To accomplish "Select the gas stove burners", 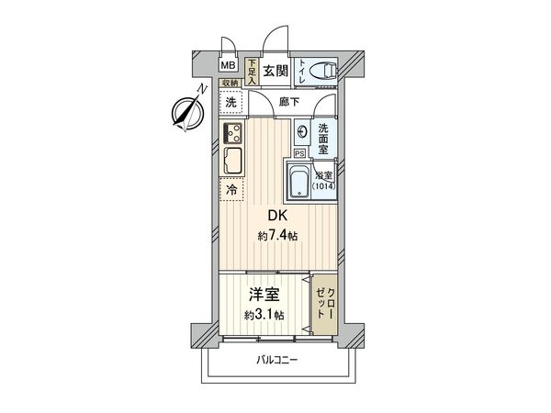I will (231, 132).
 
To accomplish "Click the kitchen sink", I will (231, 162).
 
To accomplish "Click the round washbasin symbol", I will (302, 132).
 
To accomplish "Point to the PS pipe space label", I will (298, 153).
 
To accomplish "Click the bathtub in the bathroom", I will (299, 179).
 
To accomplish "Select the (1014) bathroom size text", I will (324, 187).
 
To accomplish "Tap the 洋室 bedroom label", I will (265, 296).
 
